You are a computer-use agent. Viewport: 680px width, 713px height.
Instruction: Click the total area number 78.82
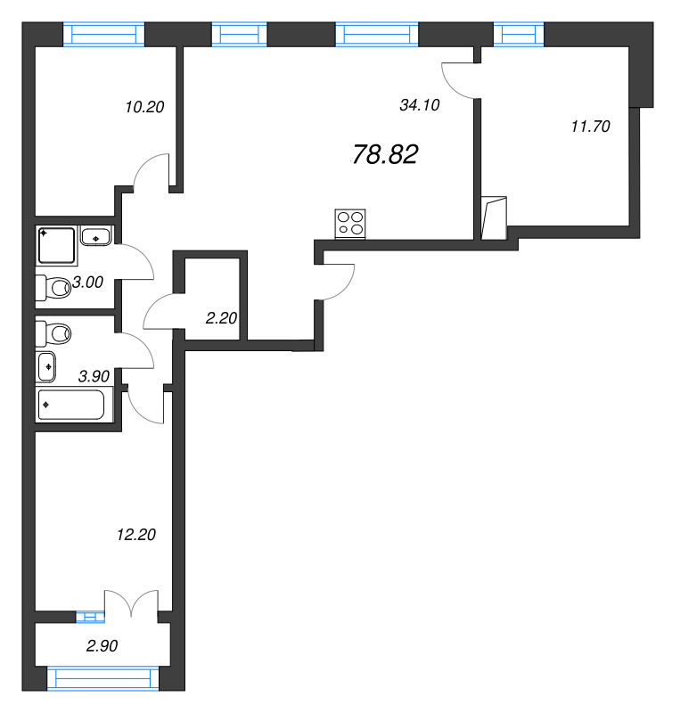385,155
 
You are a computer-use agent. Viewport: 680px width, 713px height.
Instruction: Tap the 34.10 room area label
421,104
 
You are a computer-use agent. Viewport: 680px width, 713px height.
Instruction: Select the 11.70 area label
589,127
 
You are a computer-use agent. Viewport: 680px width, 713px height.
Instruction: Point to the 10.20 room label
145,108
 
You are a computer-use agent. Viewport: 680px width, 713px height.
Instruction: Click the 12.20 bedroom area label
136,535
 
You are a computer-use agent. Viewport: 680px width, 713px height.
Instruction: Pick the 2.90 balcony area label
102,645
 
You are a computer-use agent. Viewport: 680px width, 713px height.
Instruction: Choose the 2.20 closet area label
220,317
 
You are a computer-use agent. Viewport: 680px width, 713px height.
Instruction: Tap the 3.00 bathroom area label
88,283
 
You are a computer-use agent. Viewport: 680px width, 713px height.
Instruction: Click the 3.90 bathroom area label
94,376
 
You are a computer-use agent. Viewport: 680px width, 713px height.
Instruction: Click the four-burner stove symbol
350,223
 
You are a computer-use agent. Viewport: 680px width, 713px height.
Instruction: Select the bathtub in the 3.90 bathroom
71,406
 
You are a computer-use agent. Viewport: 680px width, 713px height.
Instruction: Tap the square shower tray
57,245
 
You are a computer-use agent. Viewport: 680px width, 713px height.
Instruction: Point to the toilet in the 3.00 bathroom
54,288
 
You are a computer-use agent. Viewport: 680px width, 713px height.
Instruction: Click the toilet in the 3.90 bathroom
54,334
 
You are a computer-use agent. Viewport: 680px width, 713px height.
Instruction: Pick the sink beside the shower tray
95,237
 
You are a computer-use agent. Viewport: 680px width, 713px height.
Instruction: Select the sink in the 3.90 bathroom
46,365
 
